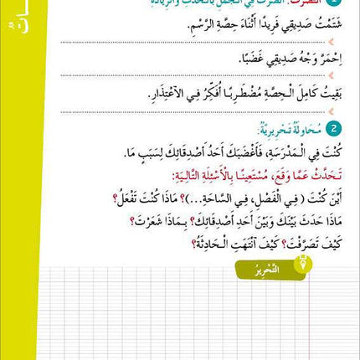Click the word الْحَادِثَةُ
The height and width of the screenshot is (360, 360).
coord(141,244)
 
